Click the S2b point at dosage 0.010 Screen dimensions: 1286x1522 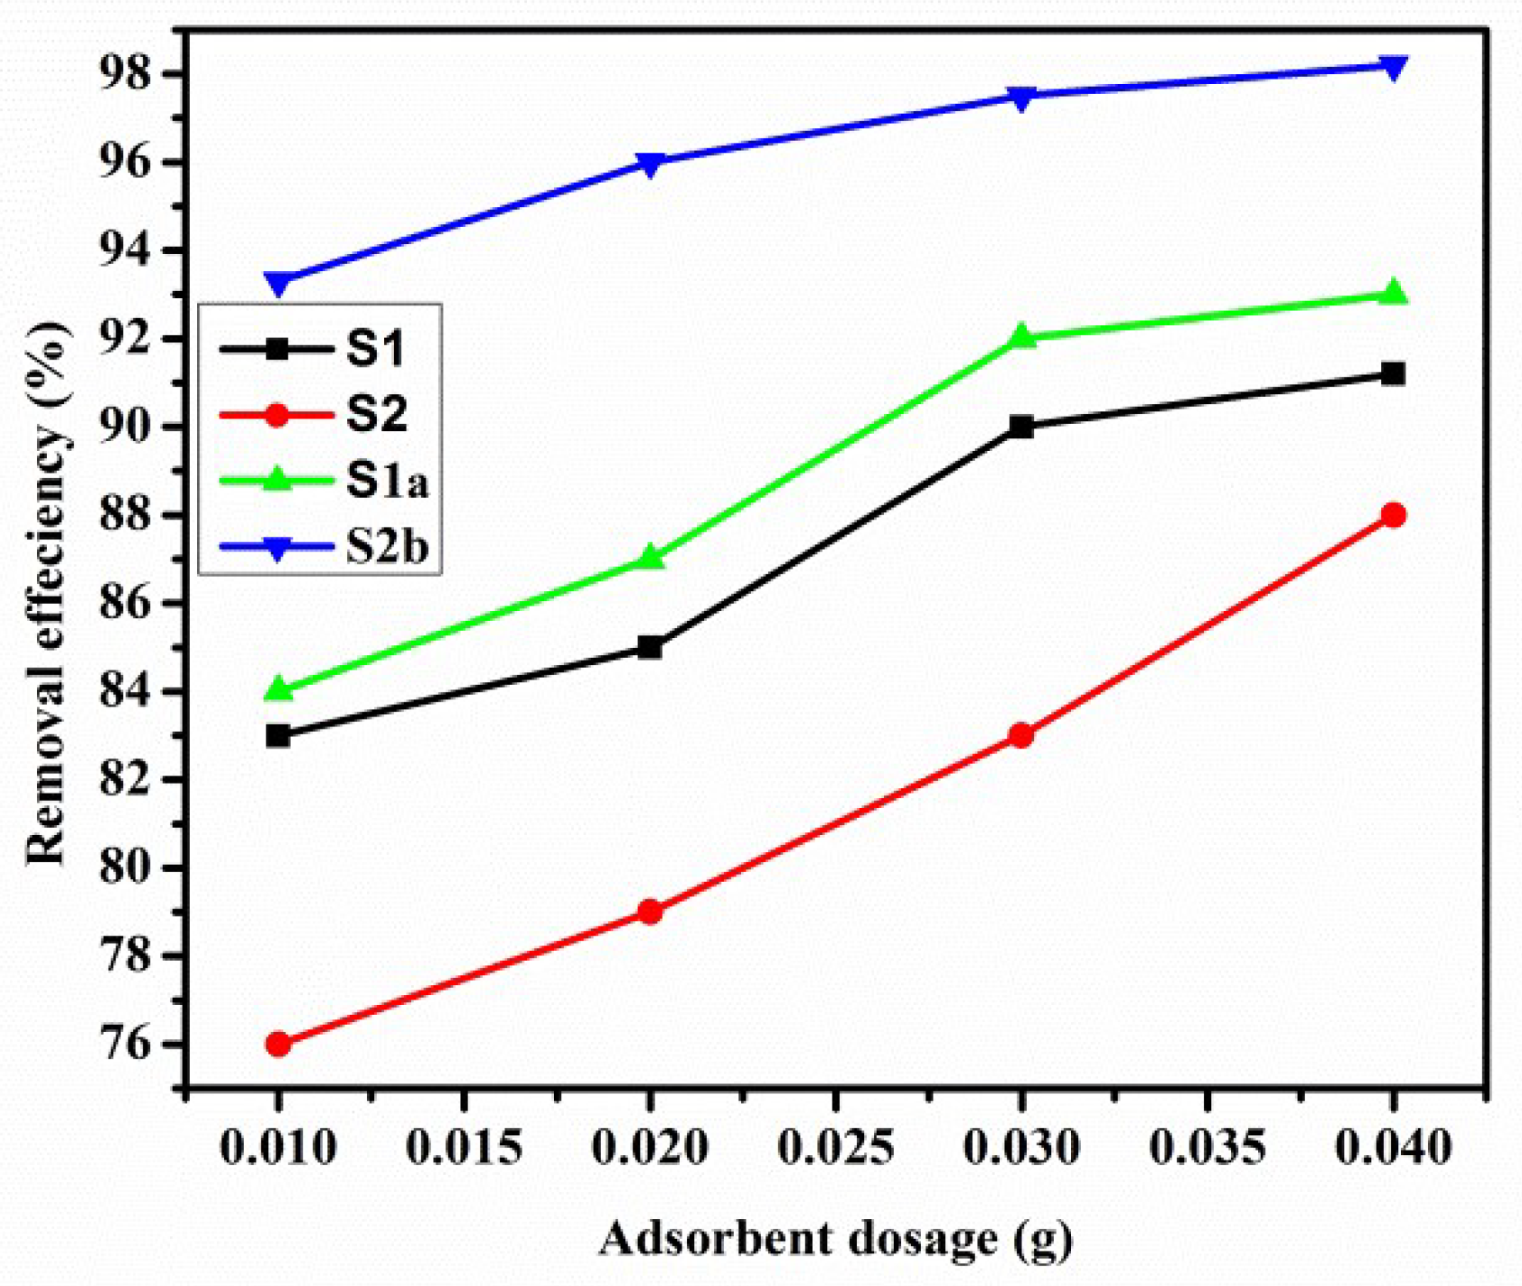(278, 284)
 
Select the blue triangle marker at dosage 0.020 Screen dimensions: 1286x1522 (650, 164)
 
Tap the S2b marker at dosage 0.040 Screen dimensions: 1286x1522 (1393, 67)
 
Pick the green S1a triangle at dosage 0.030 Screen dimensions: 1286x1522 (1021, 336)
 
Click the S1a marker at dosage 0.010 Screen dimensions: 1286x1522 (278, 689)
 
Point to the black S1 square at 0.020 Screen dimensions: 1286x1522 (650, 647)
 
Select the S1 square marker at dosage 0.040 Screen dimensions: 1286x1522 (1393, 373)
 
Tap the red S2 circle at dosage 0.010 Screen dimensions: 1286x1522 (278, 1044)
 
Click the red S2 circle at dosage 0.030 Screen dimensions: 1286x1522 (1021, 736)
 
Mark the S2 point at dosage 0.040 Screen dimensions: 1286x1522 (1393, 515)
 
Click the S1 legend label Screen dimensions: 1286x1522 (375, 350)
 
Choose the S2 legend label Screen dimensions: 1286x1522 (377, 415)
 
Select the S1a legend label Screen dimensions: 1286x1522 (387, 482)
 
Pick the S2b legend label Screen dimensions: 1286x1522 (387, 547)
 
